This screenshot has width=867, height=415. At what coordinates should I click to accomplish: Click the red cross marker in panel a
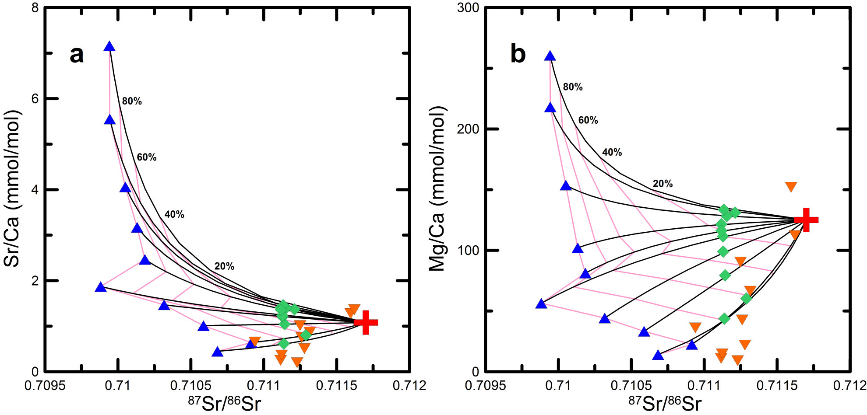pyautogui.click(x=366, y=322)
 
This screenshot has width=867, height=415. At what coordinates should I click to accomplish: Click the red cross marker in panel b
pyautogui.click(x=806, y=220)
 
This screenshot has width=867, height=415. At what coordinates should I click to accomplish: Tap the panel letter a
pyautogui.click(x=77, y=54)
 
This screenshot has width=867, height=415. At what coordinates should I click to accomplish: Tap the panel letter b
pyautogui.click(x=518, y=54)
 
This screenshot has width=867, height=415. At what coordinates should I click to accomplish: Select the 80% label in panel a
pyautogui.click(x=132, y=101)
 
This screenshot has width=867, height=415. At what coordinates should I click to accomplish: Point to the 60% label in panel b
pyautogui.click(x=588, y=120)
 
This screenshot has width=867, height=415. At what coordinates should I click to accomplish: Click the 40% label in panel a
pyautogui.click(x=174, y=214)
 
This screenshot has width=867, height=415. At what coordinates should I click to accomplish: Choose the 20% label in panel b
pyautogui.click(x=663, y=184)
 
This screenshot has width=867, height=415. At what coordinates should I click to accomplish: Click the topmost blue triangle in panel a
pyautogui.click(x=109, y=47)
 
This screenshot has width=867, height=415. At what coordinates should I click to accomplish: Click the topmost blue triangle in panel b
pyautogui.click(x=550, y=56)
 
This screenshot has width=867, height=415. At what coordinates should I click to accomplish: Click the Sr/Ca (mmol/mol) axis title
pyautogui.click(x=12, y=188)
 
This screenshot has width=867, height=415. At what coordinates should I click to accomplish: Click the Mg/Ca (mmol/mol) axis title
pyautogui.click(x=437, y=188)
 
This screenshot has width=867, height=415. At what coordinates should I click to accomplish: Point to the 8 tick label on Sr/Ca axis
pyautogui.click(x=35, y=8)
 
